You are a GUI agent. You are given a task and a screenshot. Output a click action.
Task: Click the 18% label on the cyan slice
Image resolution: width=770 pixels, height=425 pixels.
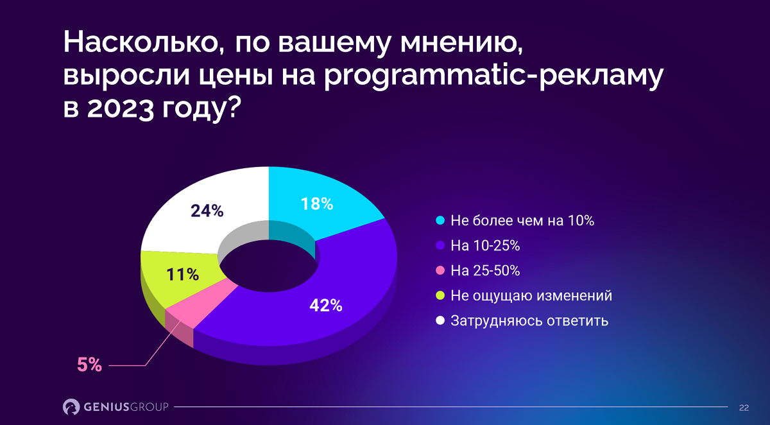pyautogui.click(x=317, y=204)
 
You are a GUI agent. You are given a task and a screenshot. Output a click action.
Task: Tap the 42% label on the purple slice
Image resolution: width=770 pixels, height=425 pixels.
pyautogui.click(x=325, y=306)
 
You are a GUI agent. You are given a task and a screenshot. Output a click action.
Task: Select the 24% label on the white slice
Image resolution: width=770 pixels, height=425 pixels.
pyautogui.click(x=207, y=211)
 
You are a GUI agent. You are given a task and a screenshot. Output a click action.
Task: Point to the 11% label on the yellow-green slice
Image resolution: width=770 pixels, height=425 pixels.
pyautogui.click(x=182, y=275)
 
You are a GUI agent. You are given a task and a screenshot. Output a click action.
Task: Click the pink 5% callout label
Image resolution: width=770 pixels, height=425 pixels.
pyautogui.click(x=89, y=365)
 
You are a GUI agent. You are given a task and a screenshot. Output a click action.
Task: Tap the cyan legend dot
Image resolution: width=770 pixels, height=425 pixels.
pyautogui.click(x=440, y=221)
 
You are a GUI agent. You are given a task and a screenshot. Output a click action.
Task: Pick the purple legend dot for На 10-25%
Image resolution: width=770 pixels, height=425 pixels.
pyautogui.click(x=440, y=246)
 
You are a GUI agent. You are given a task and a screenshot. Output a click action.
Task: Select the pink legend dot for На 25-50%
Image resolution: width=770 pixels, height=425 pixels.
pyautogui.click(x=440, y=271)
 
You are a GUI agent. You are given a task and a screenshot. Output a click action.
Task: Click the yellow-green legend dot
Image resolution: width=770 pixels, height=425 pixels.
pyautogui.click(x=440, y=296)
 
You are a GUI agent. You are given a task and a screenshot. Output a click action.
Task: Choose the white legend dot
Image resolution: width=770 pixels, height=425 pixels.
pyautogui.click(x=440, y=320)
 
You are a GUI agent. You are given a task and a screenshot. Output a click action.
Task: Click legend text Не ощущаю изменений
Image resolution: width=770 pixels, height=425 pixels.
pyautogui.click(x=531, y=296)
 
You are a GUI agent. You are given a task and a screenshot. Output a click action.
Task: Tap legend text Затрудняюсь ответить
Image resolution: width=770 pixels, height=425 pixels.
pyautogui.click(x=529, y=320)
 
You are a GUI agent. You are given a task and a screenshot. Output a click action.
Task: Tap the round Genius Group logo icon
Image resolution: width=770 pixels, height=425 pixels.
pyautogui.click(x=71, y=406)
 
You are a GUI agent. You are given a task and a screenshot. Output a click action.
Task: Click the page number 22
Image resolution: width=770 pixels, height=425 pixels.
pyautogui.click(x=744, y=407)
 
